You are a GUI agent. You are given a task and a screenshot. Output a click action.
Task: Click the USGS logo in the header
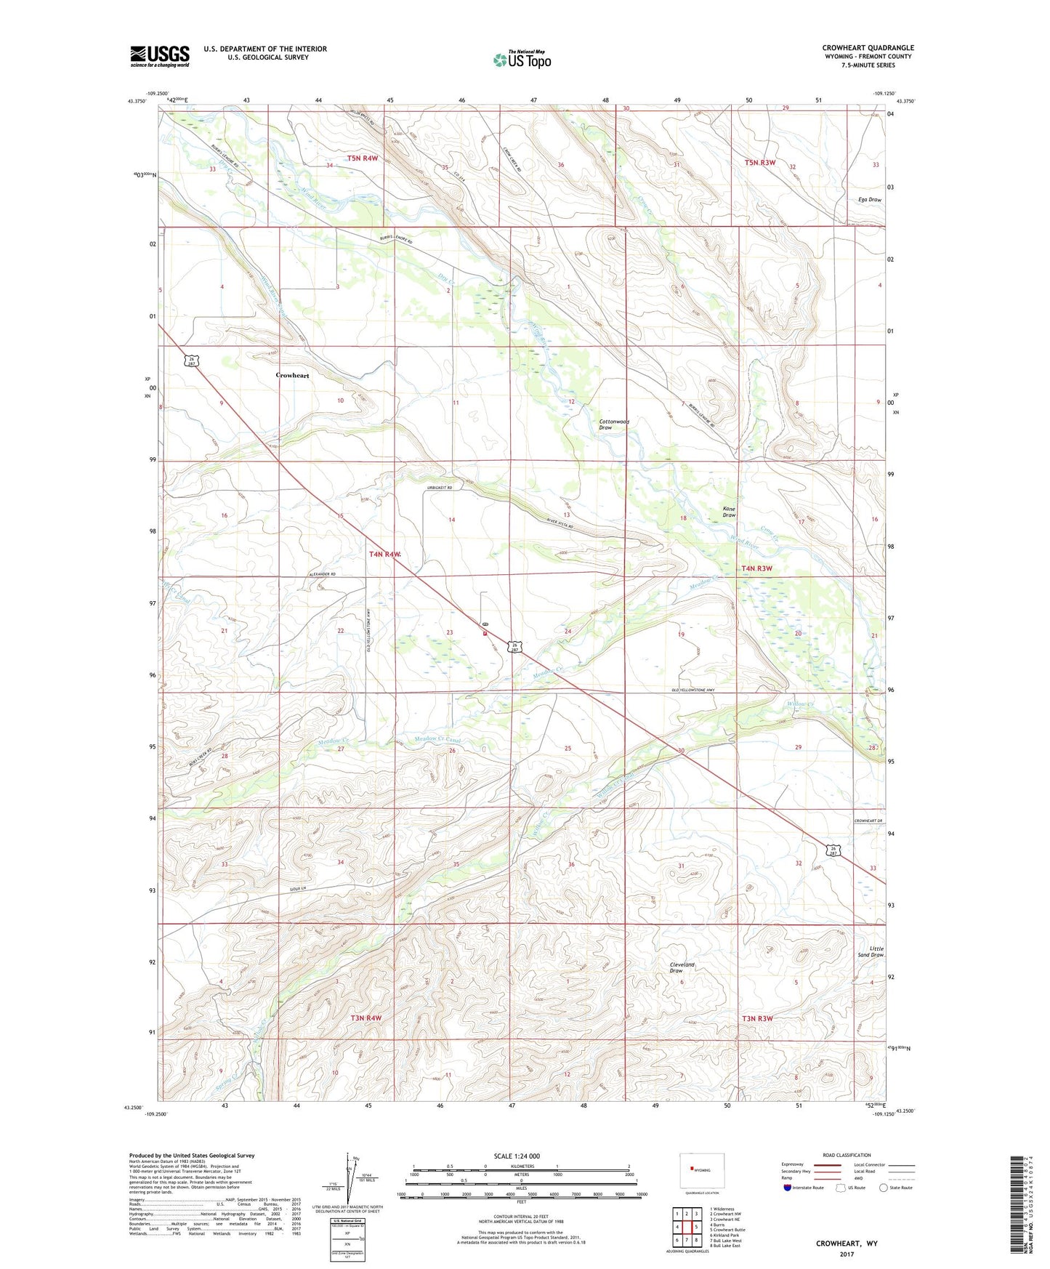pos(160,56)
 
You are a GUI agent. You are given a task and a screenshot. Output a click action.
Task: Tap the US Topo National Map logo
pos(522,59)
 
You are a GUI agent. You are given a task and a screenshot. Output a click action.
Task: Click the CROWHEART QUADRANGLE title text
pos(868,48)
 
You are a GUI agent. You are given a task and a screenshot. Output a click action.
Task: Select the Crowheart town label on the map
pos(292,375)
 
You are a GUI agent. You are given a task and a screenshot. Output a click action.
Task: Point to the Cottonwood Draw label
pos(614,424)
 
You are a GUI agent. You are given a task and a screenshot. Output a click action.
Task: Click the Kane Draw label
pos(729,512)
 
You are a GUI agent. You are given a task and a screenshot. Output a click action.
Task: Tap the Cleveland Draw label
pos(682,967)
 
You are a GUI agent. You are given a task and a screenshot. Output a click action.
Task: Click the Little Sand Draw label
pos(871,951)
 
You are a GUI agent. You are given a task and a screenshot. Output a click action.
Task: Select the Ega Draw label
pos(869,199)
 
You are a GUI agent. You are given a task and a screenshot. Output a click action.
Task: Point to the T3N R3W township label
pos(756,1018)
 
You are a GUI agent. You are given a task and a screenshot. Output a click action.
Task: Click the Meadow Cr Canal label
pos(437,739)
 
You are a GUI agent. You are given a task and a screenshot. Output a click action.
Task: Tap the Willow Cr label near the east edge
pos(799,704)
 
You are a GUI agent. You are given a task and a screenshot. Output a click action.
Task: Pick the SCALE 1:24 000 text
pos(517,1156)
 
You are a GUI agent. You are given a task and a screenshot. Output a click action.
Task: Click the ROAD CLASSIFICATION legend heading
pos(847,1155)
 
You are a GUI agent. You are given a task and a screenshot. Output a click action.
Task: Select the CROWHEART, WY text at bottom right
pos(847,1243)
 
